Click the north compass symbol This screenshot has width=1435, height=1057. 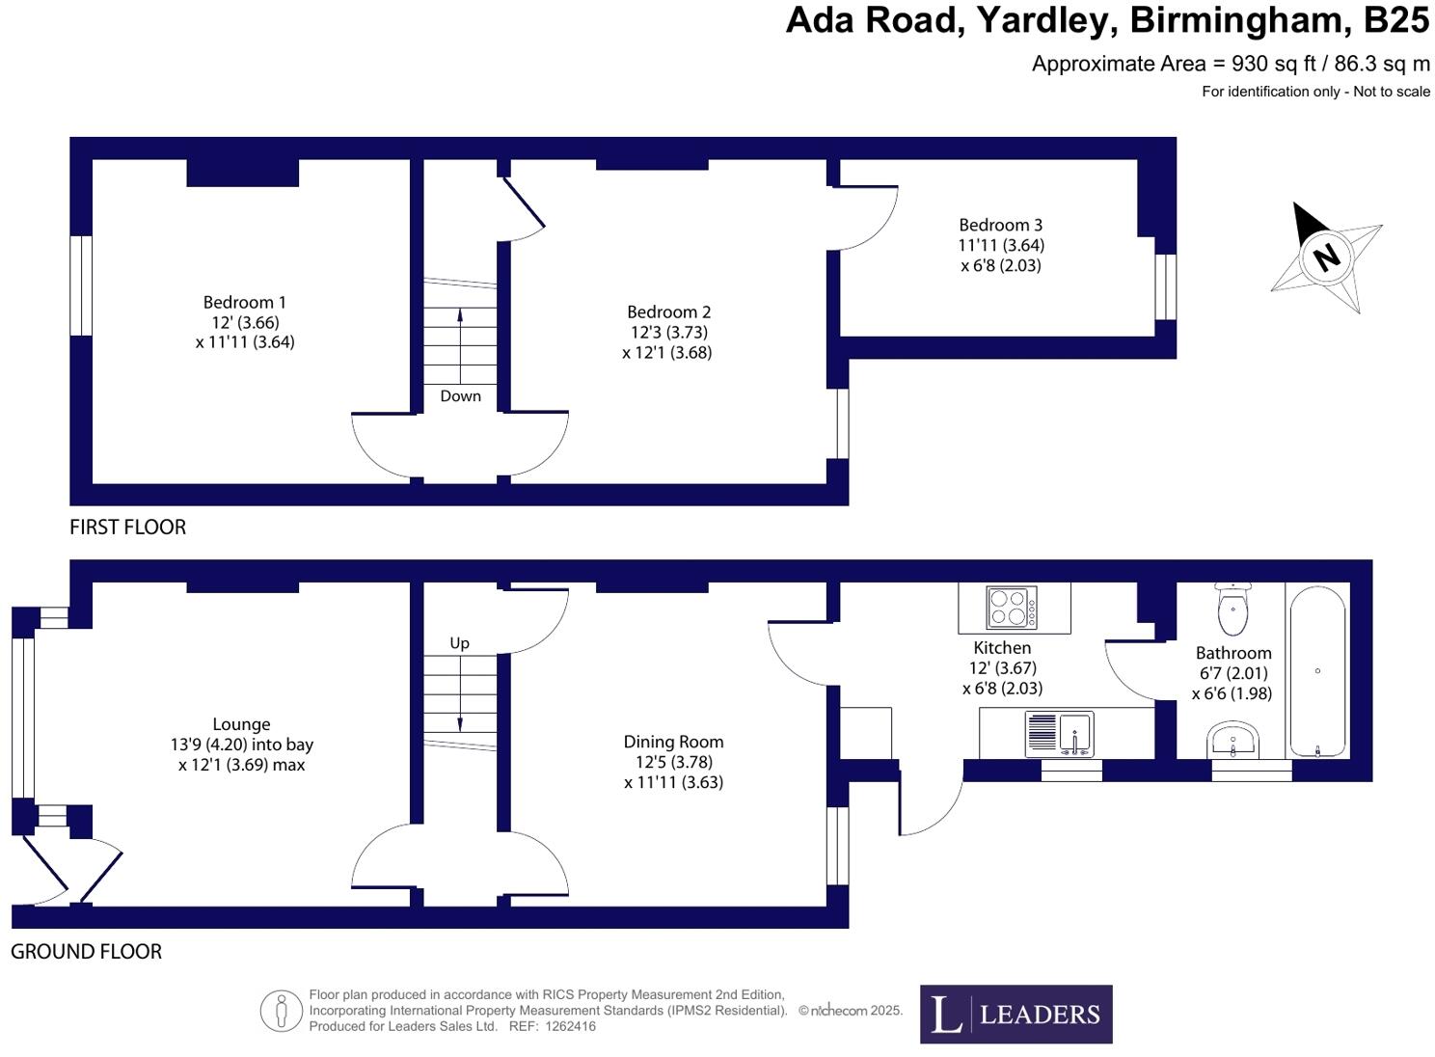1326,257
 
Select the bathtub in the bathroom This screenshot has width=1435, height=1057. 1317,671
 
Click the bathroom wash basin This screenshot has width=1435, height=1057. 1233,742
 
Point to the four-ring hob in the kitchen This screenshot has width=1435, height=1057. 1013,608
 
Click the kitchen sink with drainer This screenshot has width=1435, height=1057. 1059,733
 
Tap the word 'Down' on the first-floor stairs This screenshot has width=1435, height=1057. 460,396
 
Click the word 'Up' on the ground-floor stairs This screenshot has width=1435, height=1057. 459,643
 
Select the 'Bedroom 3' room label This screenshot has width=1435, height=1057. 1000,225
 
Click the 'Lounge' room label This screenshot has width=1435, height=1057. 241,724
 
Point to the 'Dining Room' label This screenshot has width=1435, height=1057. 673,742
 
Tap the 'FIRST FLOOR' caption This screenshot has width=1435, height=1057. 127,528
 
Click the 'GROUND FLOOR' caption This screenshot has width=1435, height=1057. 86,952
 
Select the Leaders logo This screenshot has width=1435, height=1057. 1015,1014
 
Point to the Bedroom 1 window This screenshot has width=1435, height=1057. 81,285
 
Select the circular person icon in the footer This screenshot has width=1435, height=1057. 282,1012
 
